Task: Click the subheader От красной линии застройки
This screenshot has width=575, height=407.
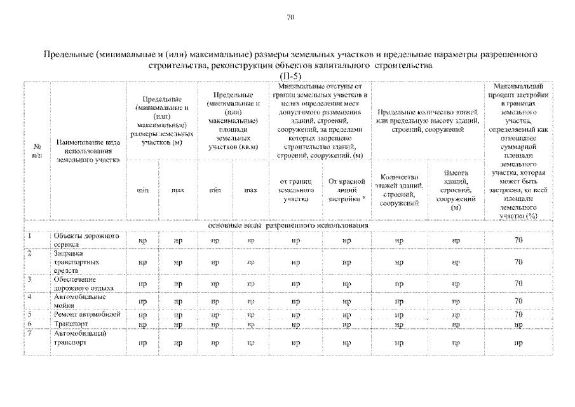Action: (x=346, y=190)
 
